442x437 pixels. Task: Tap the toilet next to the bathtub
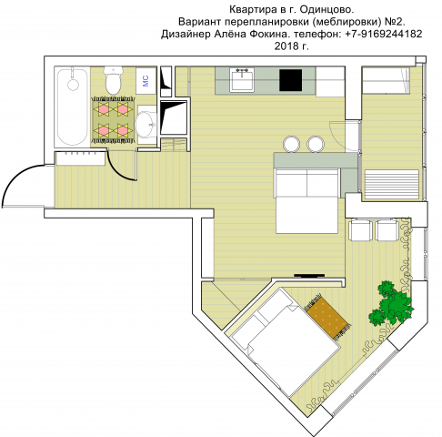click(113, 82)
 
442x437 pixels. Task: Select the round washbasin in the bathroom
click(146, 123)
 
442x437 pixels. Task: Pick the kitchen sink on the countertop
click(242, 80)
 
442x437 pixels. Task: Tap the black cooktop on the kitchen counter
click(290, 80)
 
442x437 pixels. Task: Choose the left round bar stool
click(291, 143)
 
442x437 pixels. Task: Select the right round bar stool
click(315, 143)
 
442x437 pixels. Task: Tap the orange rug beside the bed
click(327, 316)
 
